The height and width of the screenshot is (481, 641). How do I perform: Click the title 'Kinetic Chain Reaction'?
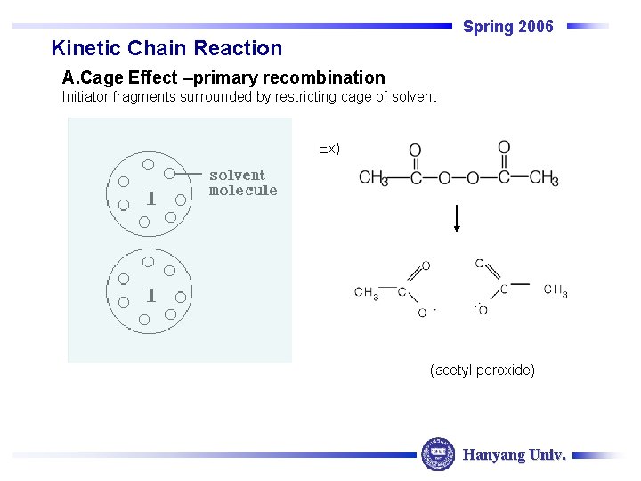coord(166,48)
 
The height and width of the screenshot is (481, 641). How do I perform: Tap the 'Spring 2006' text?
coord(507,27)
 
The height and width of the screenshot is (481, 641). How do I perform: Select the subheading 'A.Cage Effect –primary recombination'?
coord(223,78)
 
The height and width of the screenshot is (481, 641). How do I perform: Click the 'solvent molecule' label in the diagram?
coord(242,183)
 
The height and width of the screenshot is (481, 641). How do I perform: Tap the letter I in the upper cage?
coord(151,200)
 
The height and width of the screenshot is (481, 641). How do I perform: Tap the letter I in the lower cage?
coord(151,296)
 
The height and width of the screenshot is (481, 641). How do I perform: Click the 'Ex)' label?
coord(329,148)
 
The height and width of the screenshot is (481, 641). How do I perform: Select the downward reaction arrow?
coord(456,218)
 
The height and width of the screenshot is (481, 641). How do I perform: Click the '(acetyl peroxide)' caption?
coord(482,369)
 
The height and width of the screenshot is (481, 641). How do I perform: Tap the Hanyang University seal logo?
coord(437,454)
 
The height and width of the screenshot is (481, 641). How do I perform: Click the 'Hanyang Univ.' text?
coord(514,455)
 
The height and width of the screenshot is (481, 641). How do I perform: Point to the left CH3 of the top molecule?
coord(373,177)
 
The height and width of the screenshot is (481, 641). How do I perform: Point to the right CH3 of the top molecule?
coord(543,177)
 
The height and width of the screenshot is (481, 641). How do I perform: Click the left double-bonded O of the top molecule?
coord(415,151)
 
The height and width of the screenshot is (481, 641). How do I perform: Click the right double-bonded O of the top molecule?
coord(504,148)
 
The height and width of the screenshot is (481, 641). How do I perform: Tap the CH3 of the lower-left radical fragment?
coord(366,292)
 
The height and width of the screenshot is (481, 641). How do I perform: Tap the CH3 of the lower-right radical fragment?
coord(555,289)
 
